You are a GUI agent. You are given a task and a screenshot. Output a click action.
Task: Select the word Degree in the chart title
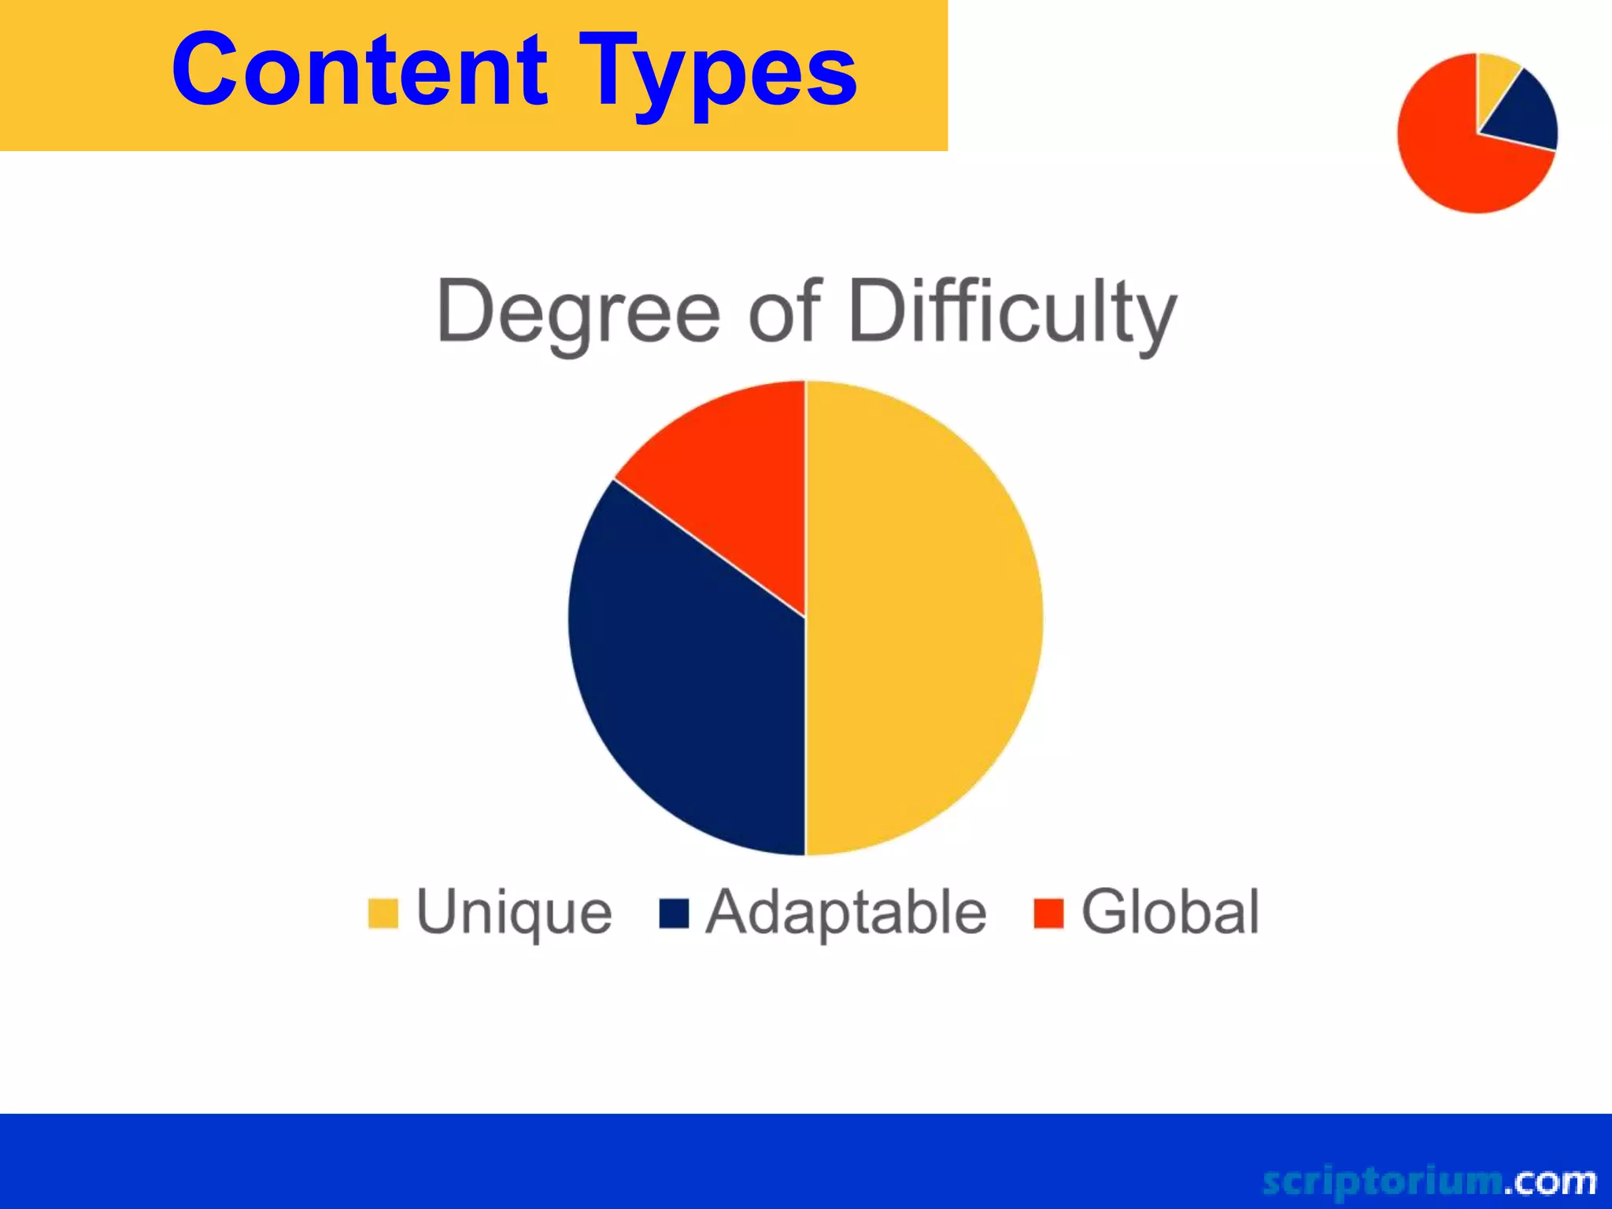tap(578, 312)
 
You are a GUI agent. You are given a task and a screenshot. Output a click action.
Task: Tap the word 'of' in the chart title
tap(784, 310)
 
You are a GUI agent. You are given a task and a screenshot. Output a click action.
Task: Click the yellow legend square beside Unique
tap(383, 913)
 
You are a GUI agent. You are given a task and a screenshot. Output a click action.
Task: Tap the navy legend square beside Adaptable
tap(674, 913)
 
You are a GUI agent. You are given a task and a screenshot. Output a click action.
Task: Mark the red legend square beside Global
tap(1048, 913)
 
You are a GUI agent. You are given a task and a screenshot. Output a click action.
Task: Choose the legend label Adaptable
tap(846, 911)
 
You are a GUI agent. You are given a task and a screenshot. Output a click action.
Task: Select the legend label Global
tap(1170, 911)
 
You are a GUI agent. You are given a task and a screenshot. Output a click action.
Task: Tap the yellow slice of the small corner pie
tap(1494, 79)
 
